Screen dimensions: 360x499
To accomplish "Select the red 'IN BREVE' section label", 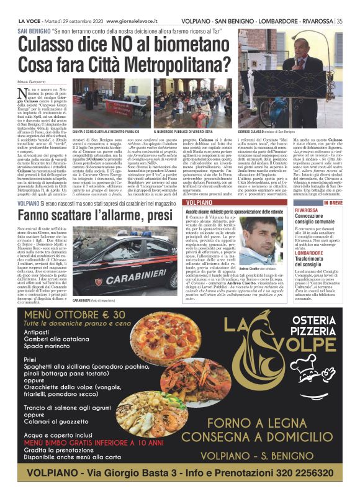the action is coord(332,203).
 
